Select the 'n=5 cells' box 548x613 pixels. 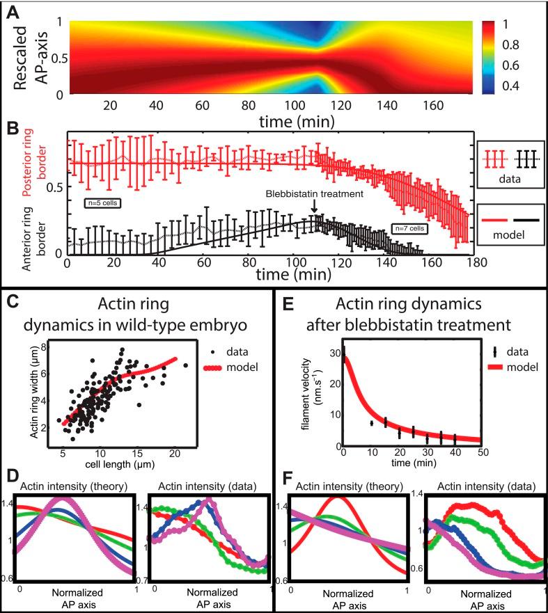pos(100,203)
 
